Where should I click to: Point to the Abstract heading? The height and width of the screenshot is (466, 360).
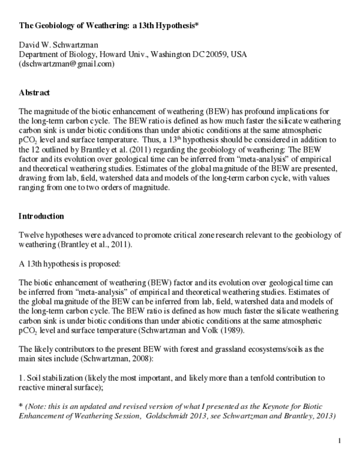point(34,92)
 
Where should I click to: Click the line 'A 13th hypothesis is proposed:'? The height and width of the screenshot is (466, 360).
point(71,262)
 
